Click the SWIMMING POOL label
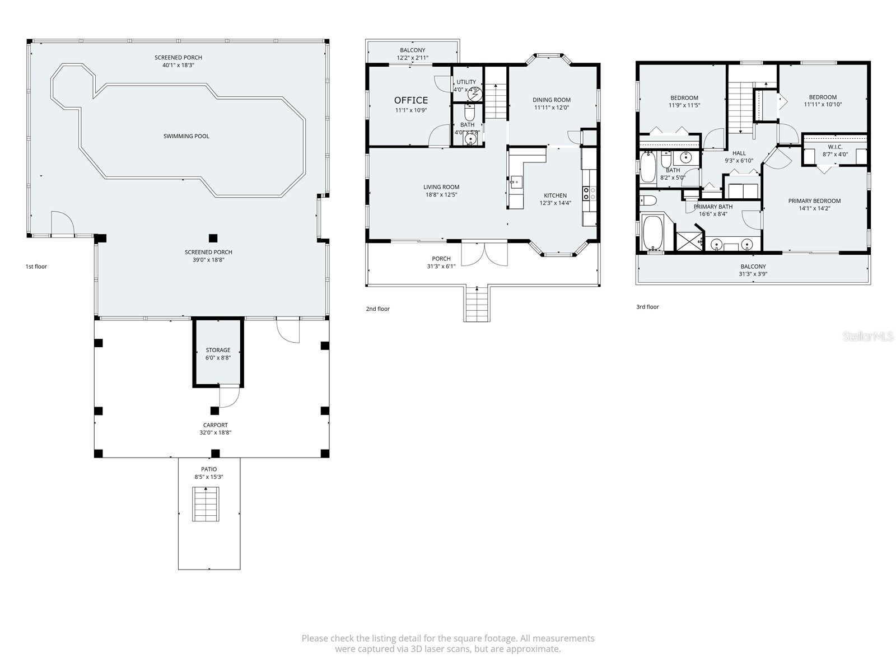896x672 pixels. click(186, 136)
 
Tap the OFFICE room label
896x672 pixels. click(410, 100)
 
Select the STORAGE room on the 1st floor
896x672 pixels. click(218, 353)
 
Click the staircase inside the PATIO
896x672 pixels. click(206, 504)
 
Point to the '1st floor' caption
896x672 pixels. click(36, 267)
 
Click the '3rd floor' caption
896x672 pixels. click(647, 307)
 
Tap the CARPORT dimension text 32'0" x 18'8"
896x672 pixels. click(215, 432)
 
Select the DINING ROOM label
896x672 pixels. click(551, 100)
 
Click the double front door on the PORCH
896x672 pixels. click(484, 252)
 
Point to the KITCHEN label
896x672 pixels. click(555, 195)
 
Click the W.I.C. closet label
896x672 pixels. click(835, 147)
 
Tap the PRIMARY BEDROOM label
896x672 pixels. click(814, 201)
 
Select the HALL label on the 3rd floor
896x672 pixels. click(739, 153)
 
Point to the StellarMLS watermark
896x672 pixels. click(869, 337)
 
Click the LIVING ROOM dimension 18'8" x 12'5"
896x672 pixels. click(441, 195)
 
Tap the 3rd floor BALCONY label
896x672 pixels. click(753, 267)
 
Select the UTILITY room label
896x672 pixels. click(466, 82)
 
